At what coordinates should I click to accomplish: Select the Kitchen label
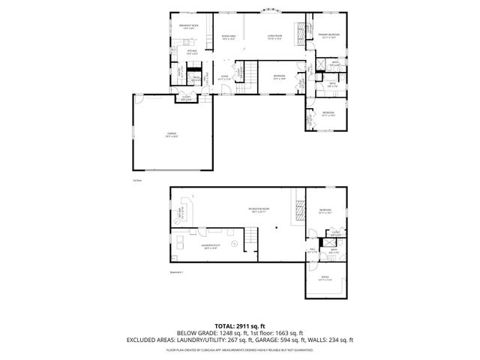click(192, 51)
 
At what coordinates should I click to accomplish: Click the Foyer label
click(223, 76)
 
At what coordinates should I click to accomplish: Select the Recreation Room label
click(259, 209)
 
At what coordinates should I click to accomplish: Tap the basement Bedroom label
click(324, 210)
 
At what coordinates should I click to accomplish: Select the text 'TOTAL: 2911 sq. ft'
click(239, 326)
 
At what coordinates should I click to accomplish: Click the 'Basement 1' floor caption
click(176, 273)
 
